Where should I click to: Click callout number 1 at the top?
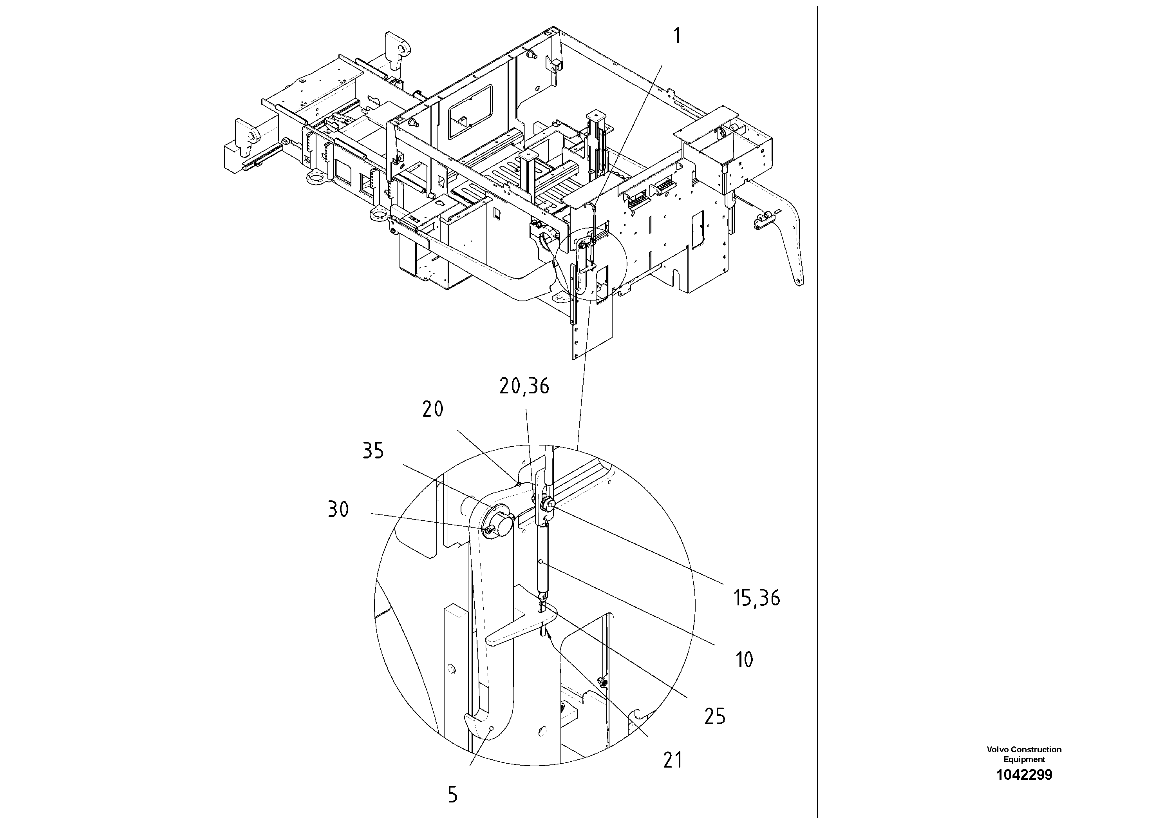pyautogui.click(x=676, y=36)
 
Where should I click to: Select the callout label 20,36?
pyautogui.click(x=524, y=387)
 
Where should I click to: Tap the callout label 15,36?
pyautogui.click(x=756, y=598)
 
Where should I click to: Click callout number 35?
pyautogui.click(x=373, y=451)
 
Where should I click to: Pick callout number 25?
pyautogui.click(x=714, y=717)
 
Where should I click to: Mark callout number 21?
pyautogui.click(x=672, y=761)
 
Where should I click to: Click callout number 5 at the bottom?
pyautogui.click(x=452, y=795)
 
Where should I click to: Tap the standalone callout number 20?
pyautogui.click(x=433, y=409)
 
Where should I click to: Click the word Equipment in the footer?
pyautogui.click(x=1024, y=759)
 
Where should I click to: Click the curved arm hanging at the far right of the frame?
pyautogui.click(x=792, y=239)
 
